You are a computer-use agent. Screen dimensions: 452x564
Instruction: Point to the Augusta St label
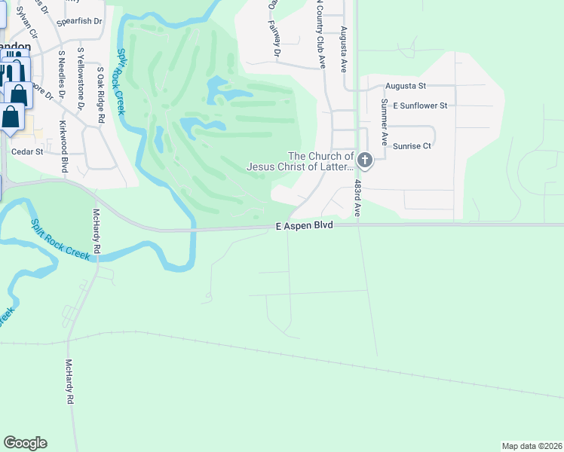pos(406,87)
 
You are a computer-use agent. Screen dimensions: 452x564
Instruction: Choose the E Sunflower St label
pos(420,105)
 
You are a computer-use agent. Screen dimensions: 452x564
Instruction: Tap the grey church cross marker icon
pos(365,160)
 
